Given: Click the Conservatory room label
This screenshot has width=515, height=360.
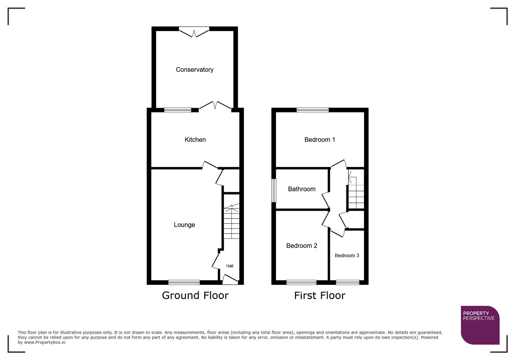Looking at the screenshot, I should coord(194,70).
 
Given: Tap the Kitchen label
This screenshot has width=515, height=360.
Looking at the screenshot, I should coord(195,140).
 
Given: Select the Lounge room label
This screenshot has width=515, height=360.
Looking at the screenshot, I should coord(184,225).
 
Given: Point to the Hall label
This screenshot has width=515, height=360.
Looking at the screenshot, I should coord(229,266).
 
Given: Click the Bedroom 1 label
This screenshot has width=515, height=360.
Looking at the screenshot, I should coord(320,140).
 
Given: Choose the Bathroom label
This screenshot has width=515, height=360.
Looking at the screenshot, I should coord(302,189).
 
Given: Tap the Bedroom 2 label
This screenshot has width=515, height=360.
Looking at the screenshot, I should coord(302,246).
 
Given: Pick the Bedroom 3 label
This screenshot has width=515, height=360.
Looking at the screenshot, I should coord(347,256).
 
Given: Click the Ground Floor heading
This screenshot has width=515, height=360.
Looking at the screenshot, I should coord(195,295).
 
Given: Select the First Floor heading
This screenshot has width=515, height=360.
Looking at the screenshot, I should coord(320,295).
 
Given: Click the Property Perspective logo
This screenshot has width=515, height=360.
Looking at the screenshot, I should coord(480,325).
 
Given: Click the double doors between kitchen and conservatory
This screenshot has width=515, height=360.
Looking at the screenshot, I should coord(215,106).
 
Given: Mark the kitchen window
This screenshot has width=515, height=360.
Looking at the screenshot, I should coord(178,110).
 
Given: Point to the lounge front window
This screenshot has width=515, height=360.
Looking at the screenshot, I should coord(184,283).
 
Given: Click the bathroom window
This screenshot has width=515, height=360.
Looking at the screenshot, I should coord(274,190).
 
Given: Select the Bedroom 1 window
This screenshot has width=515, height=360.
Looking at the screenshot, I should coord(313,110).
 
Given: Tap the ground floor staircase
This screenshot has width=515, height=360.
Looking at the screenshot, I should coord(231,222).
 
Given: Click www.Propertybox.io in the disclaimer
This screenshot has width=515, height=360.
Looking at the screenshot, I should coord(44,342).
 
